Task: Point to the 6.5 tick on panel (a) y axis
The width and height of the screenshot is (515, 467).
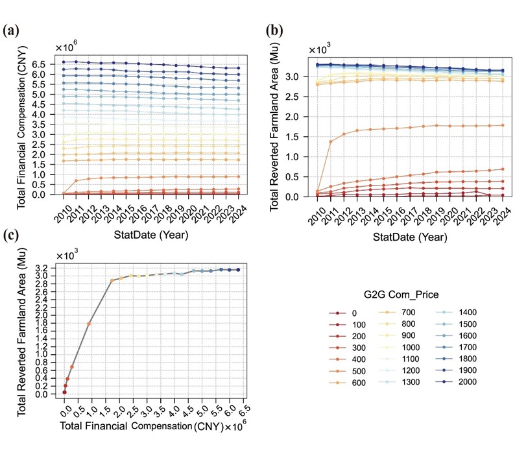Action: point(43,65)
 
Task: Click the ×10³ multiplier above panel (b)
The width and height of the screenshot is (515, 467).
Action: point(320,50)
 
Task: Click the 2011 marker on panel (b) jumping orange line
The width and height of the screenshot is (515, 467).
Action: point(331,141)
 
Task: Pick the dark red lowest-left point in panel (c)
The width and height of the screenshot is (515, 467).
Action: point(64,392)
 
